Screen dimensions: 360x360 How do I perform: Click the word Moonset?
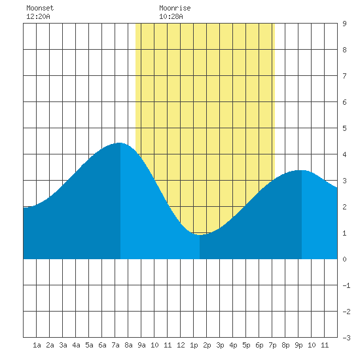[x=40, y=8]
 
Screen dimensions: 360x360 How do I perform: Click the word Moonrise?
[x=175, y=8]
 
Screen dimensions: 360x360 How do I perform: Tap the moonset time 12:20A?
[x=38, y=16]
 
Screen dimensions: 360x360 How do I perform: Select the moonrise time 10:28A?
[x=171, y=16]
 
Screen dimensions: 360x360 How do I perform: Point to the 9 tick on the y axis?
[x=344, y=24]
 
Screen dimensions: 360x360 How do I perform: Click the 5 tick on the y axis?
[x=344, y=128]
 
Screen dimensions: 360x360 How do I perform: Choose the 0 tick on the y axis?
[x=344, y=259]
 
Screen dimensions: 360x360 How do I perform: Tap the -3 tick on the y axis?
[x=346, y=338]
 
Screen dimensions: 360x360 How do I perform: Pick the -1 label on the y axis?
[x=346, y=285]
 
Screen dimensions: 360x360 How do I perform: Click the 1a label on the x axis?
[x=37, y=345]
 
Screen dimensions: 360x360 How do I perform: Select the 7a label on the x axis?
[x=115, y=345]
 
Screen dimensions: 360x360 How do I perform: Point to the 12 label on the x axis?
[x=181, y=345]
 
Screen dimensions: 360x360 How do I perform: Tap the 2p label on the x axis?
[x=207, y=345]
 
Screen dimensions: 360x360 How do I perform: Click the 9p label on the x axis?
[x=298, y=345]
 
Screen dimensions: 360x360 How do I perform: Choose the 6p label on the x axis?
[x=259, y=345]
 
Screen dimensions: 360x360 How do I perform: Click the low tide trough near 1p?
[x=200, y=234]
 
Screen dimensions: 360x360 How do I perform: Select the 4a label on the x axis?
[x=76, y=345]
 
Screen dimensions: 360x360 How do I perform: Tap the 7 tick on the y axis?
[x=344, y=76]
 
